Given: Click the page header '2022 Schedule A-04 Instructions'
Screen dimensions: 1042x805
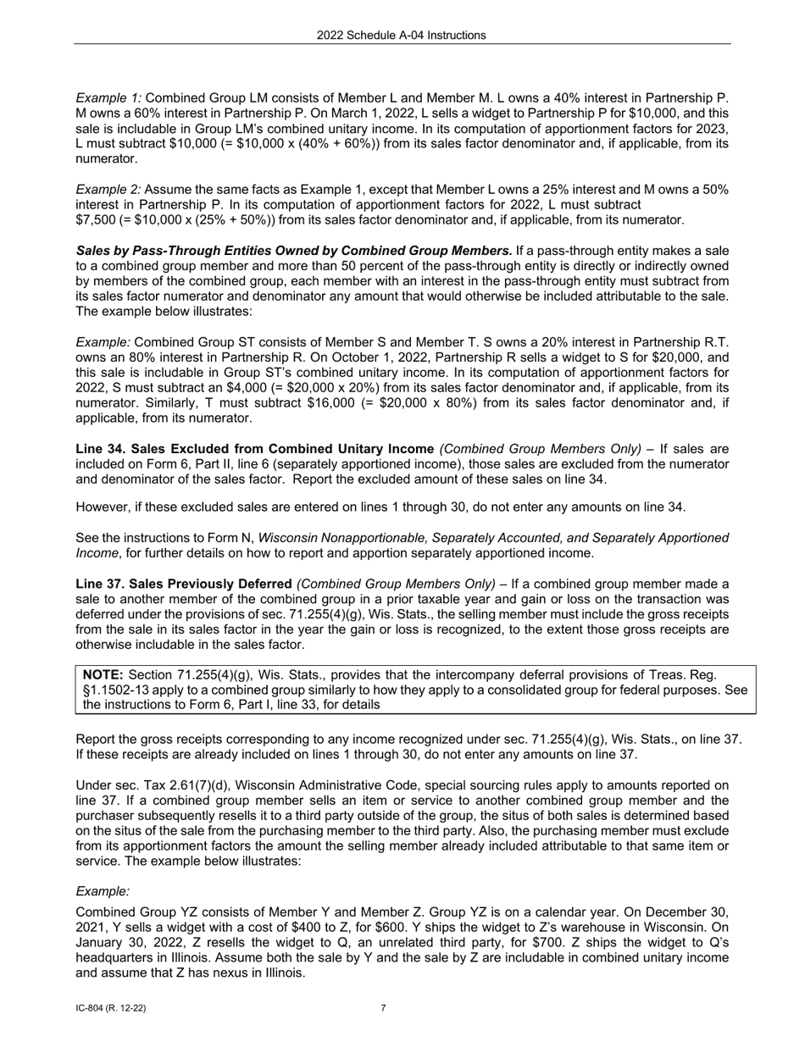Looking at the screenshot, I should pyautogui.click(x=402, y=35).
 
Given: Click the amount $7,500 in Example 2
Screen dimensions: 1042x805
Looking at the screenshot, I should pyautogui.click(x=97, y=220).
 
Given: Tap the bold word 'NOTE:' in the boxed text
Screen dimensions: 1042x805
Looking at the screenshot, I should pyautogui.click(x=103, y=674).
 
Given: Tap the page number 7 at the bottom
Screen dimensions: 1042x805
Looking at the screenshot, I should pyautogui.click(x=383, y=1008).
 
